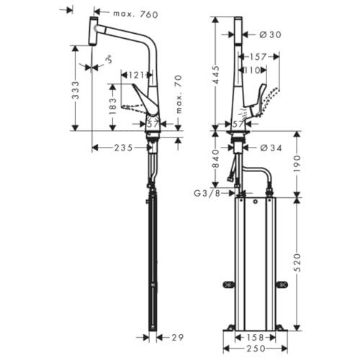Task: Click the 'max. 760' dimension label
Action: (135, 14)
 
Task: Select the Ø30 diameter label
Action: (271, 35)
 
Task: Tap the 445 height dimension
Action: (216, 75)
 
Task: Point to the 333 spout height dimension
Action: (76, 90)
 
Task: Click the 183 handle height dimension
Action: (112, 107)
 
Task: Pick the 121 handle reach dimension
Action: (136, 76)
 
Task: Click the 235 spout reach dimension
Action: (123, 148)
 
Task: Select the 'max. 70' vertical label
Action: (179, 94)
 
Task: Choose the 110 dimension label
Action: (252, 71)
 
